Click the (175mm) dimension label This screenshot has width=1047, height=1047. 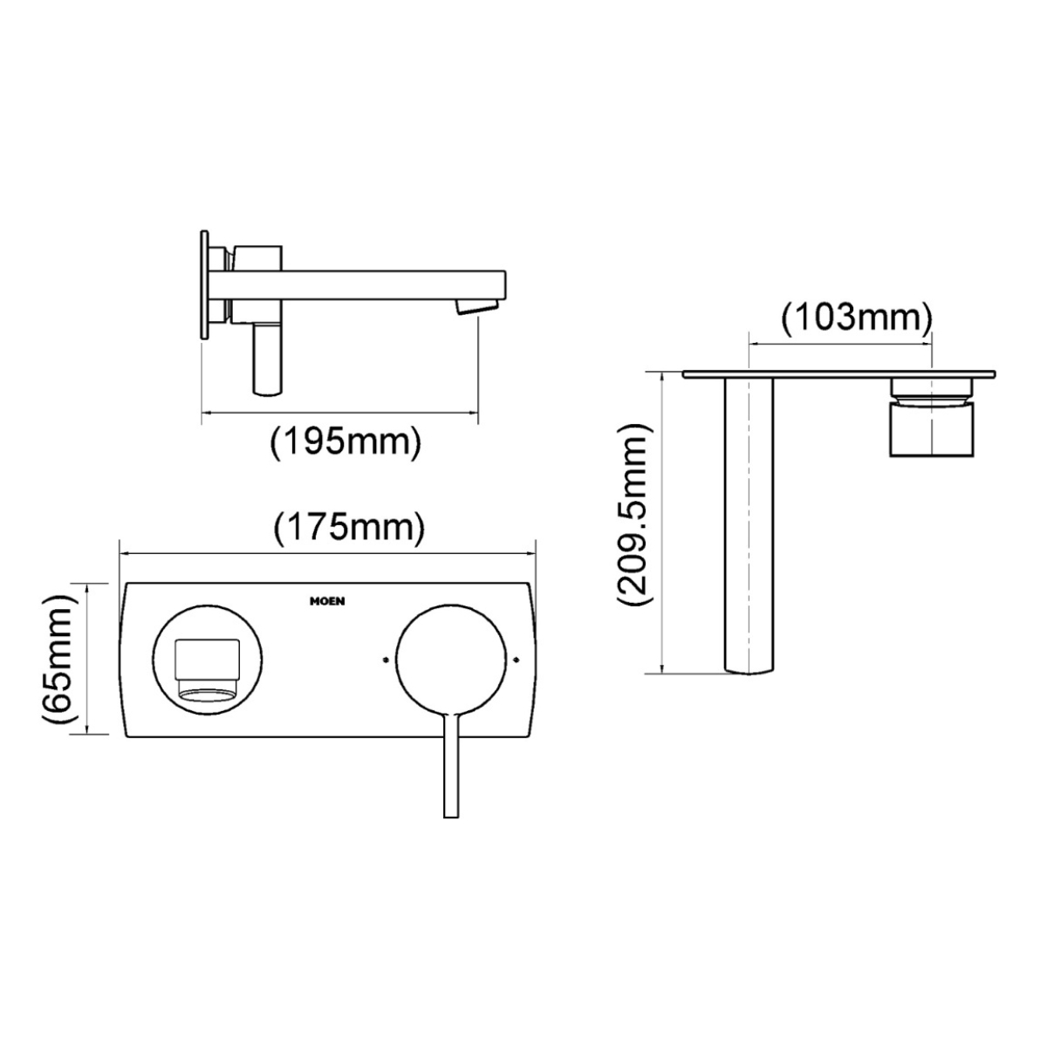[x=349, y=528]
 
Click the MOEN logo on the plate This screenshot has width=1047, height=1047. [x=327, y=600]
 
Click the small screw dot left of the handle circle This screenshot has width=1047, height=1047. [x=385, y=660]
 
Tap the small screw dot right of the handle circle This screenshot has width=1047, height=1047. [x=520, y=660]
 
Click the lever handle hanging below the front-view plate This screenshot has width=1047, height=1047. [x=451, y=768]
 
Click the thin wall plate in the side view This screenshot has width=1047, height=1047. [x=206, y=284]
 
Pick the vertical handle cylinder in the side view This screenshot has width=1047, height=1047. [x=267, y=359]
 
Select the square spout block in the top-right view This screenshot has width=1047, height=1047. [x=932, y=428]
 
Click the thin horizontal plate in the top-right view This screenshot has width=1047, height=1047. [x=838, y=374]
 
